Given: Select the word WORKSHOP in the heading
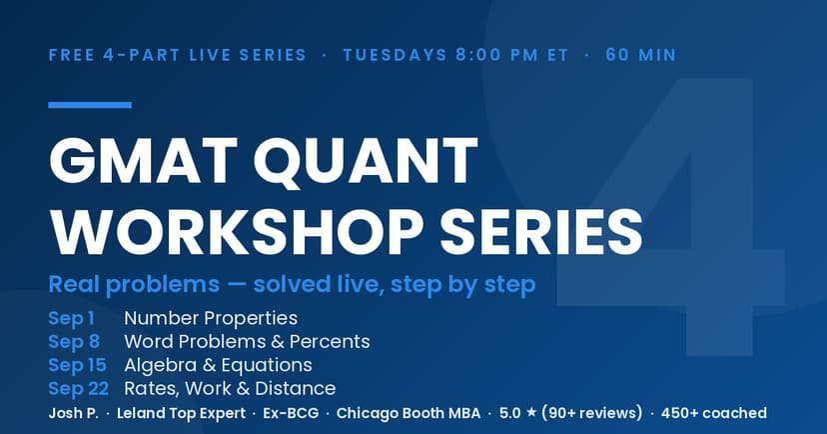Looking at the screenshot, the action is pyautogui.click(x=238, y=232).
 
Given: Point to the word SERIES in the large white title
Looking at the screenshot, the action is pyautogui.click(x=541, y=232).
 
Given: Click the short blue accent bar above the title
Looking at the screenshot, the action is pyautogui.click(x=90, y=105).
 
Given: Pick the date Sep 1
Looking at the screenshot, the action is pyautogui.click(x=71, y=318).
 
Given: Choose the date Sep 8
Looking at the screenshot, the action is pyautogui.click(x=74, y=342).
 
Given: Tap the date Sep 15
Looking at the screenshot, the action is pyautogui.click(x=78, y=365).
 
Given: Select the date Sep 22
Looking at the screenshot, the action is pyautogui.click(x=79, y=389).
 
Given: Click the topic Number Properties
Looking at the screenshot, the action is pyautogui.click(x=211, y=318).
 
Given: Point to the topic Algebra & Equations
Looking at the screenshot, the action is pyautogui.click(x=219, y=365).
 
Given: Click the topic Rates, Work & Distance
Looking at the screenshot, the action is pyautogui.click(x=230, y=389).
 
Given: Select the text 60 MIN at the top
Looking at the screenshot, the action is pyautogui.click(x=641, y=55).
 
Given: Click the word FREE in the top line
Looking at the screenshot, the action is pyautogui.click(x=73, y=55).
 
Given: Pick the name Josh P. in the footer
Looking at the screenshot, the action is pyautogui.click(x=73, y=413).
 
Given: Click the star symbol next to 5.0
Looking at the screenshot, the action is pyautogui.click(x=531, y=412).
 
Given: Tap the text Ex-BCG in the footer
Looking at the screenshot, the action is pyautogui.click(x=291, y=413).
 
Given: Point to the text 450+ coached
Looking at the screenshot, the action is pyautogui.click(x=714, y=413).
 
